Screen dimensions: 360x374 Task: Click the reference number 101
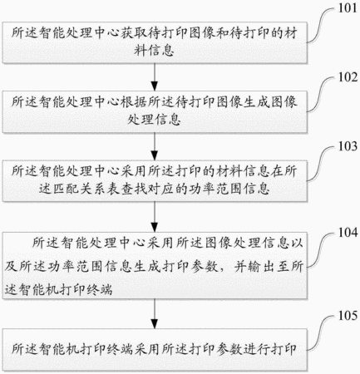(348, 8)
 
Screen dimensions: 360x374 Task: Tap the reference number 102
(348, 77)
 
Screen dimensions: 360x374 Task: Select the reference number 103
(348, 146)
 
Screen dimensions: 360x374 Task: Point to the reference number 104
(348, 233)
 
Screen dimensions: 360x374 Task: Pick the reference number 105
(348, 316)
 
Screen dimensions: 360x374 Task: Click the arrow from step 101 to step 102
(155, 77)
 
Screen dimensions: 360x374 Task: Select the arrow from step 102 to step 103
(155, 146)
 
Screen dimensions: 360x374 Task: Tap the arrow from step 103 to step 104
(155, 217)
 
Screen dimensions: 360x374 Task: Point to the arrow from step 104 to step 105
(155, 314)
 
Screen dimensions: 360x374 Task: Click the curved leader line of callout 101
(321, 25)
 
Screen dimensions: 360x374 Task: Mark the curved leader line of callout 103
(321, 164)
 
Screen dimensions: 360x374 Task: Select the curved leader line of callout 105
(321, 332)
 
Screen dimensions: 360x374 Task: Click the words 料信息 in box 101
(154, 51)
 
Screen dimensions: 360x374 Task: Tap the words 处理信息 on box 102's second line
(154, 120)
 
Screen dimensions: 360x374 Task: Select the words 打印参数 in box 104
(190, 267)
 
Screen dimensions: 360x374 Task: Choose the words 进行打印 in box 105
(270, 349)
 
